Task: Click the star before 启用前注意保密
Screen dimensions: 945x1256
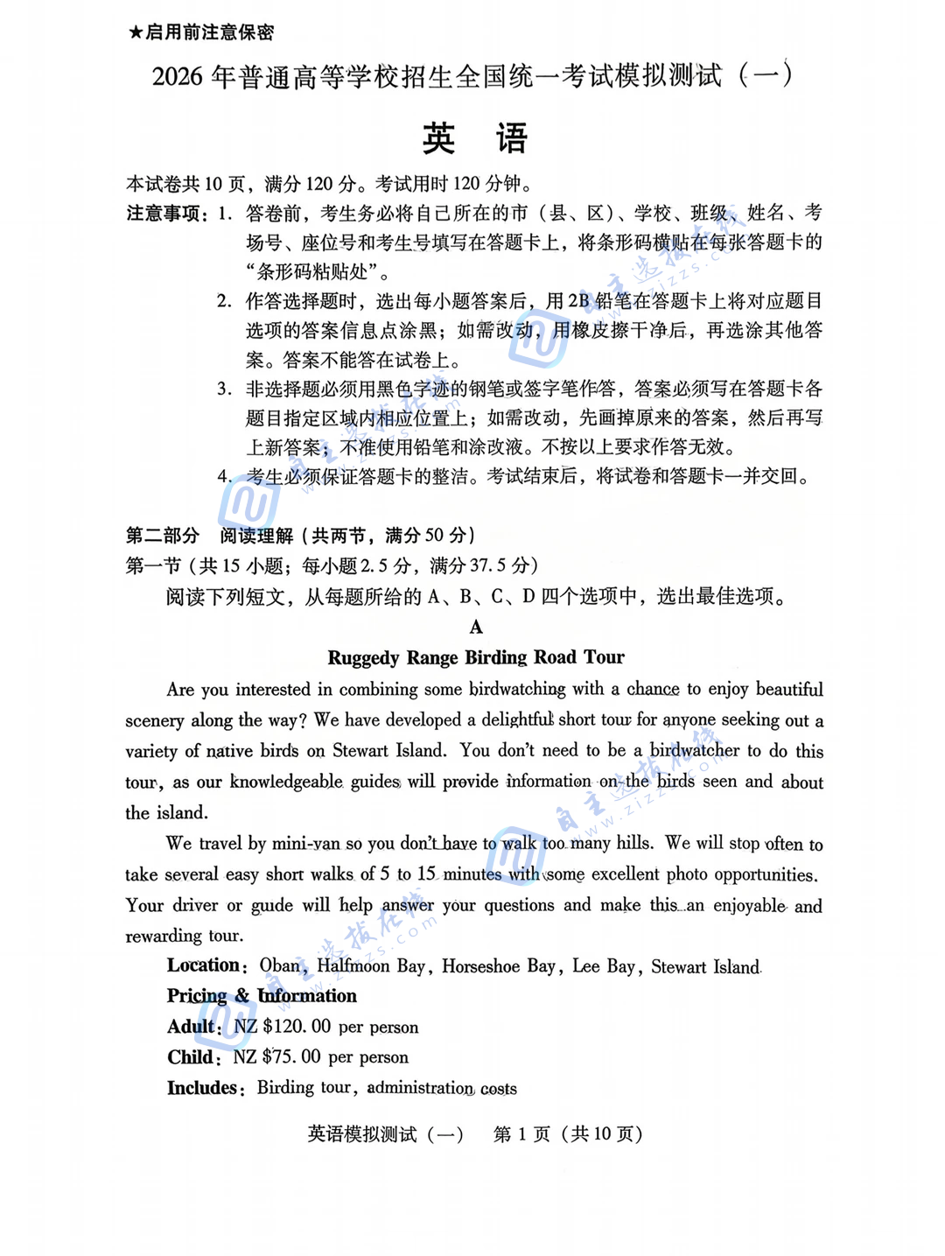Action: tap(135, 33)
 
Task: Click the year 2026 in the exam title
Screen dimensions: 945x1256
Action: tap(178, 77)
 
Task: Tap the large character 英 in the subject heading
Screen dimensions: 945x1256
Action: tap(438, 139)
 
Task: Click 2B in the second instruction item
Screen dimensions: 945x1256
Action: tap(578, 301)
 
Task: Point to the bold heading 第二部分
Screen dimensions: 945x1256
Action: tap(163, 536)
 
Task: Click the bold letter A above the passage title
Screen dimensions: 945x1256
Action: tap(476, 628)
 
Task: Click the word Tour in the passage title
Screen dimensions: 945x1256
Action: tap(604, 658)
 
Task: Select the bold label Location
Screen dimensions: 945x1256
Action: tap(204, 965)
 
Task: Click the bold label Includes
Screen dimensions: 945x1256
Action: tap(203, 1088)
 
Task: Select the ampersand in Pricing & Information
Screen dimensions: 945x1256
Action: tap(241, 996)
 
